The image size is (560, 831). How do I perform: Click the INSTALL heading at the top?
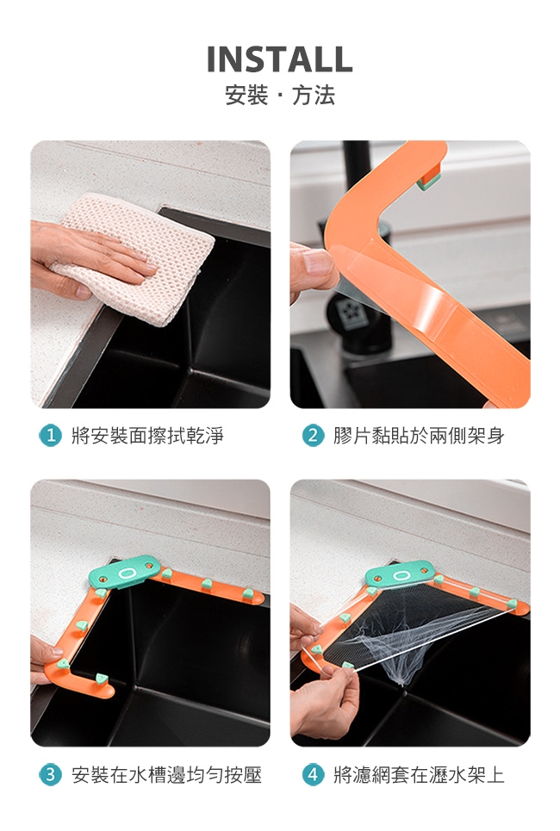click(x=279, y=59)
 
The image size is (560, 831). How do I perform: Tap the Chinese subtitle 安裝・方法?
click(x=280, y=96)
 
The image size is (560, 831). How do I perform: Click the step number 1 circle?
click(x=50, y=436)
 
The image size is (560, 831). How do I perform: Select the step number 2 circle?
click(x=313, y=436)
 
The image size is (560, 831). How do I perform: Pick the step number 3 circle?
click(x=50, y=775)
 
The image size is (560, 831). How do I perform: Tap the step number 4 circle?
click(x=313, y=775)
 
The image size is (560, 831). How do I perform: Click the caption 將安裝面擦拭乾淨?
click(x=147, y=436)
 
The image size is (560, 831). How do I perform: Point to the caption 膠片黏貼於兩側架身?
click(x=419, y=436)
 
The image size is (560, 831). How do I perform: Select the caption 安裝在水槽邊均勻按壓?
click(x=166, y=775)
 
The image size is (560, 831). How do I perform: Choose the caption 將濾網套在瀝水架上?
click(x=419, y=775)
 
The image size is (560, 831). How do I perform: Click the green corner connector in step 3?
click(x=124, y=571)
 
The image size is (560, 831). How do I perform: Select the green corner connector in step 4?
click(x=400, y=574)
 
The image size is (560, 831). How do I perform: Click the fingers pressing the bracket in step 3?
click(x=45, y=657)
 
